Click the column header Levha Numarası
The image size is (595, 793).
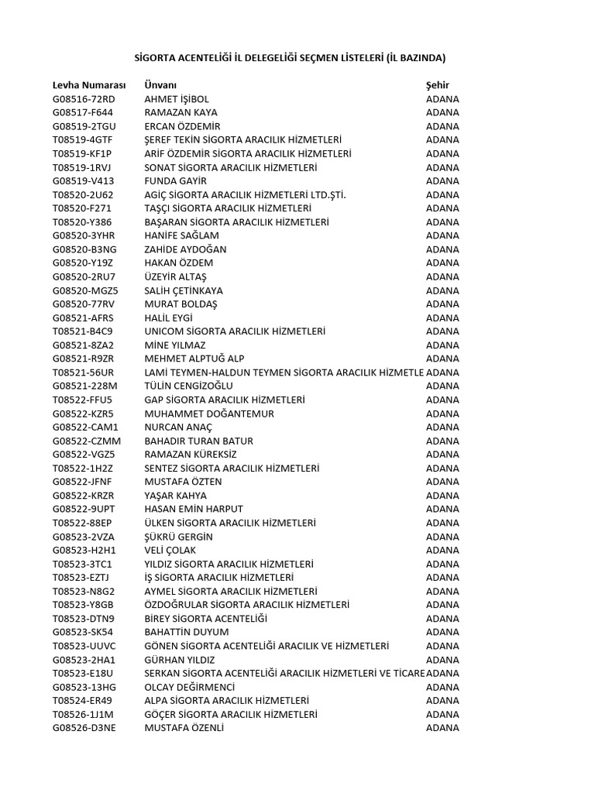click(x=88, y=84)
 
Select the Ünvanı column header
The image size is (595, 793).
click(x=161, y=84)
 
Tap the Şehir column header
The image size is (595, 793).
click(x=438, y=84)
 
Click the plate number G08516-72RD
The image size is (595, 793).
click(x=84, y=99)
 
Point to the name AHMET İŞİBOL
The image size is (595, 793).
click(x=177, y=99)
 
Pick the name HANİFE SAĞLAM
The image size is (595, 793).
click(x=181, y=235)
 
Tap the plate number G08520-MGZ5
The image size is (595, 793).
click(x=85, y=290)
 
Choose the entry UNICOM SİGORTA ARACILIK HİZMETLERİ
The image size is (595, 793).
click(x=235, y=331)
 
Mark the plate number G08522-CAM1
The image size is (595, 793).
click(x=85, y=427)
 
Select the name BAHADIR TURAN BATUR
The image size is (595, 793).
click(x=199, y=441)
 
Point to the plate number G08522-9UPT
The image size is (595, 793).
click(x=84, y=509)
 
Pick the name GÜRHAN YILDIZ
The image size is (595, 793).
click(x=180, y=660)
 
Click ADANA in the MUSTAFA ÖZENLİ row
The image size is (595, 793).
click(x=442, y=728)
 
